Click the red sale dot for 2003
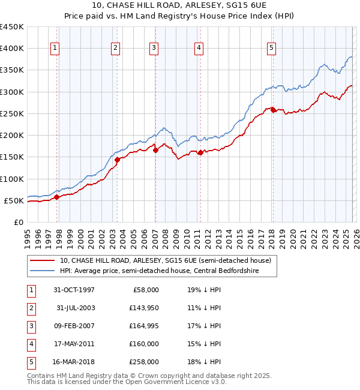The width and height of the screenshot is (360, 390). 118,160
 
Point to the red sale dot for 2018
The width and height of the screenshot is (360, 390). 273,110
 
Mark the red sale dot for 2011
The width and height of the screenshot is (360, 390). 200,152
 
